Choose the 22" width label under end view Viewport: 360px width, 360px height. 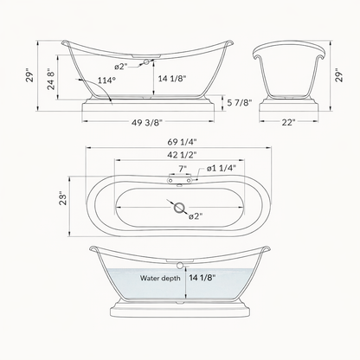click(x=291, y=121)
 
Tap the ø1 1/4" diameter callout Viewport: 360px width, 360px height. click(x=219, y=169)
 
